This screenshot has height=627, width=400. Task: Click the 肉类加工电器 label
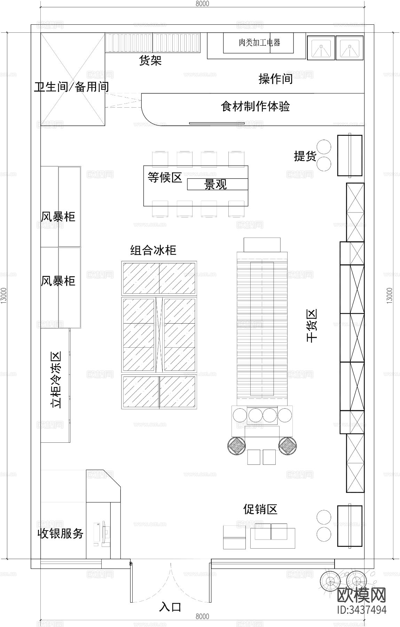(259, 42)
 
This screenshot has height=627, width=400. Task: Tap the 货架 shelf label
(150, 61)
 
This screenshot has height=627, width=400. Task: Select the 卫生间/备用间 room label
(71, 87)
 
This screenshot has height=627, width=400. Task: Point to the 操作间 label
(275, 79)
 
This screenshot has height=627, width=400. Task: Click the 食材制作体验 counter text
(255, 106)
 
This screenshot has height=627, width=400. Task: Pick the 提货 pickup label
(305, 156)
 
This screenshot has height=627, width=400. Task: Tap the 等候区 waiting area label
(165, 177)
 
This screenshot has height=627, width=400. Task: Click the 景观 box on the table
(216, 185)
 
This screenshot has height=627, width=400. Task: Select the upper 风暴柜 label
(58, 217)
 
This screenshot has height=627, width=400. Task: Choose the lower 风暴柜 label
(58, 281)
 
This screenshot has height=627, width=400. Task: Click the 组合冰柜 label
(153, 250)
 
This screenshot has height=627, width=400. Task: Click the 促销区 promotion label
(260, 510)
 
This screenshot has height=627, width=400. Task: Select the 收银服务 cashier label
(61, 533)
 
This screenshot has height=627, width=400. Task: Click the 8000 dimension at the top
(202, 4)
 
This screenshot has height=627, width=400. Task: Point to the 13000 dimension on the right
(390, 295)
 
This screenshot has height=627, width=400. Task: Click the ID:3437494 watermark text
(362, 610)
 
